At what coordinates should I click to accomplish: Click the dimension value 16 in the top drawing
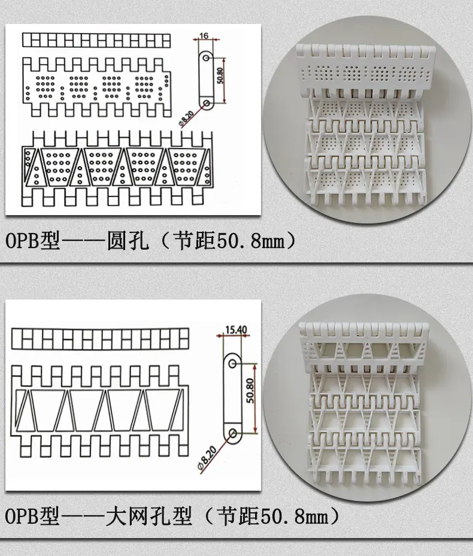204,36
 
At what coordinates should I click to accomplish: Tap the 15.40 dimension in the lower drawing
236,330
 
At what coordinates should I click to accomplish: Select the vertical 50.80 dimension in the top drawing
220,75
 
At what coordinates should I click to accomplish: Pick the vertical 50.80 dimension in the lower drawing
250,391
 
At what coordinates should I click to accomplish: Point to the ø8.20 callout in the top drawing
186,119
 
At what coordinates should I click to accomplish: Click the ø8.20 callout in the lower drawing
207,458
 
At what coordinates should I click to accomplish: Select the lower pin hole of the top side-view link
207,103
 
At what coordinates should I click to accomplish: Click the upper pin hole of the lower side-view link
232,364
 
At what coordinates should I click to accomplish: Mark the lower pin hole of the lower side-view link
233,433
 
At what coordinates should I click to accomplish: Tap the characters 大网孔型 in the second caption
149,516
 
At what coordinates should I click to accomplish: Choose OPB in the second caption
22,516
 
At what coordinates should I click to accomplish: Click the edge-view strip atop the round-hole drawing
96,40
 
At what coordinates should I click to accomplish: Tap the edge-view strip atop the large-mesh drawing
100,339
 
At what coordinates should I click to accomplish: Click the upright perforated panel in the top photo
366,69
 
